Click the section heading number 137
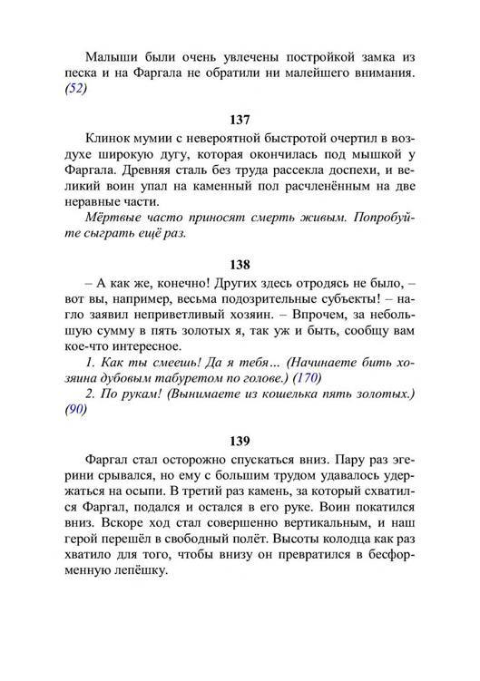240,120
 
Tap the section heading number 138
240,266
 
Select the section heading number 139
240,442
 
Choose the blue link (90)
76,410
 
